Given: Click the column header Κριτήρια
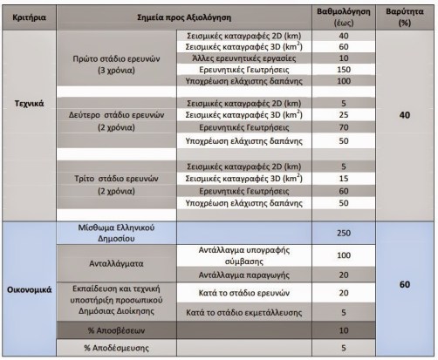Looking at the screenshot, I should [x=30, y=17].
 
